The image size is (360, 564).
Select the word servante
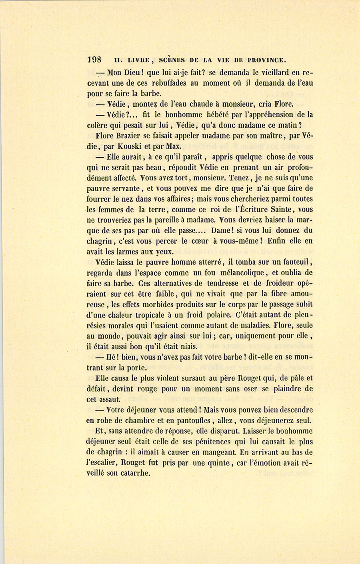click(x=122, y=188)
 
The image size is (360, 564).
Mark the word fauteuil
click(x=295, y=262)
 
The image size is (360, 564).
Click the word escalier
click(x=104, y=462)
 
